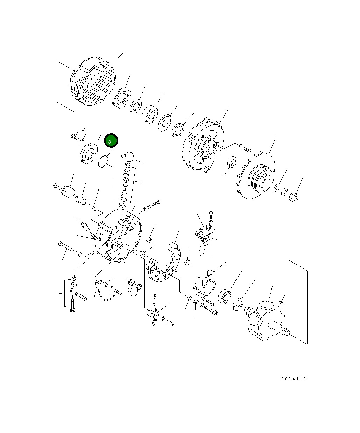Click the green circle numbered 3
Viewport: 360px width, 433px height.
pyautogui.click(x=111, y=140)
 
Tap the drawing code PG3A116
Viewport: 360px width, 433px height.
pyautogui.click(x=293, y=379)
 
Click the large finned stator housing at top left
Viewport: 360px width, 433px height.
pyautogui.click(x=92, y=81)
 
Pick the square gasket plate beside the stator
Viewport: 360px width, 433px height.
pyautogui.click(x=122, y=98)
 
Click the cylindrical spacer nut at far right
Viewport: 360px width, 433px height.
pyautogui.click(x=294, y=197)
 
